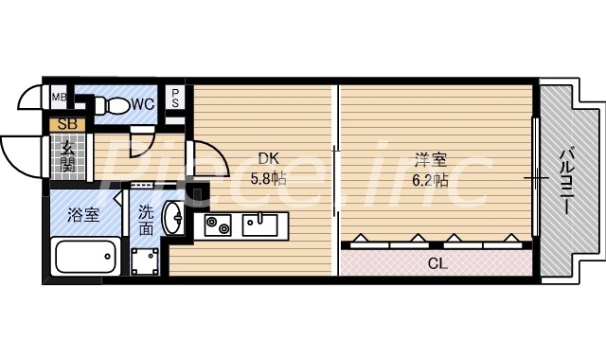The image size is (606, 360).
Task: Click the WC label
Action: [x=143, y=103]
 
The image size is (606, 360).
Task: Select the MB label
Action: [x=59, y=97]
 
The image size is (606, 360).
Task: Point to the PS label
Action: [x=176, y=98]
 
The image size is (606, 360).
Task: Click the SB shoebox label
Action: [x=67, y=124]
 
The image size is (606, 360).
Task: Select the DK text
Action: [x=268, y=159]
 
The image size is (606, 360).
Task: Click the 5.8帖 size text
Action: [x=268, y=177]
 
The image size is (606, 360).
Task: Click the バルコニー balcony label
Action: [x=566, y=180]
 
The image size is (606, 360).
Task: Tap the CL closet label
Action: [x=437, y=262]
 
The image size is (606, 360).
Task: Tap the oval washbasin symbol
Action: [x=174, y=218]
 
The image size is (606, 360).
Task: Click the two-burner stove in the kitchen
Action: [x=219, y=225]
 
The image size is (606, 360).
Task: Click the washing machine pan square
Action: [x=146, y=259]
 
